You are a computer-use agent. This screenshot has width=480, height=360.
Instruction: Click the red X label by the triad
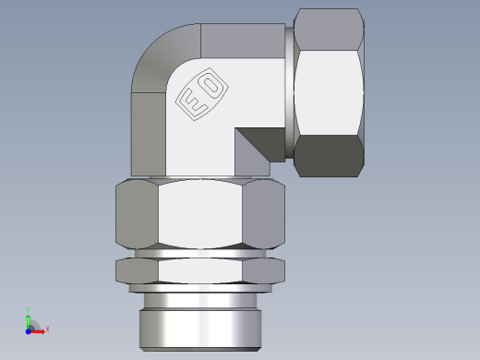click(x=47, y=329)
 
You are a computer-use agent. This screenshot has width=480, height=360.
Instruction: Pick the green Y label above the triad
click(x=29, y=310)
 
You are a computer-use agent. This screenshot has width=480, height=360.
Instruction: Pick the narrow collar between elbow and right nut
click(x=289, y=92)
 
